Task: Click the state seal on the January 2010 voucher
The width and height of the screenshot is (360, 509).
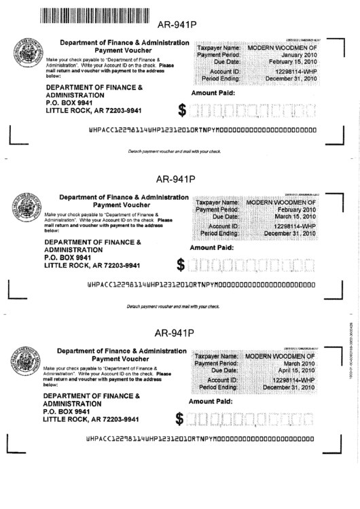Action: point(25,54)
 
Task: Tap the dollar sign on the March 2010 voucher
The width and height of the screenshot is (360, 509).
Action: point(180,438)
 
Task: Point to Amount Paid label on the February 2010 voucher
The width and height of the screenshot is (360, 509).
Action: point(212,248)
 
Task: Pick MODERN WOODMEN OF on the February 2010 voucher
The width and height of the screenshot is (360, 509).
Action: point(281,203)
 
